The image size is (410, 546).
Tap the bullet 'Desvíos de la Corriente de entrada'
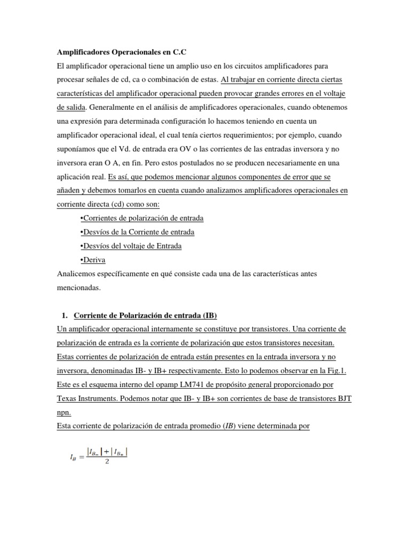136,232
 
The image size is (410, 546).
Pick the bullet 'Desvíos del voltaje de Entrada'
130,246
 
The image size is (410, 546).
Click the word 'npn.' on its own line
63,412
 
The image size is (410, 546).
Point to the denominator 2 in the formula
107,462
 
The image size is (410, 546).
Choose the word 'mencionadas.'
78,287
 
